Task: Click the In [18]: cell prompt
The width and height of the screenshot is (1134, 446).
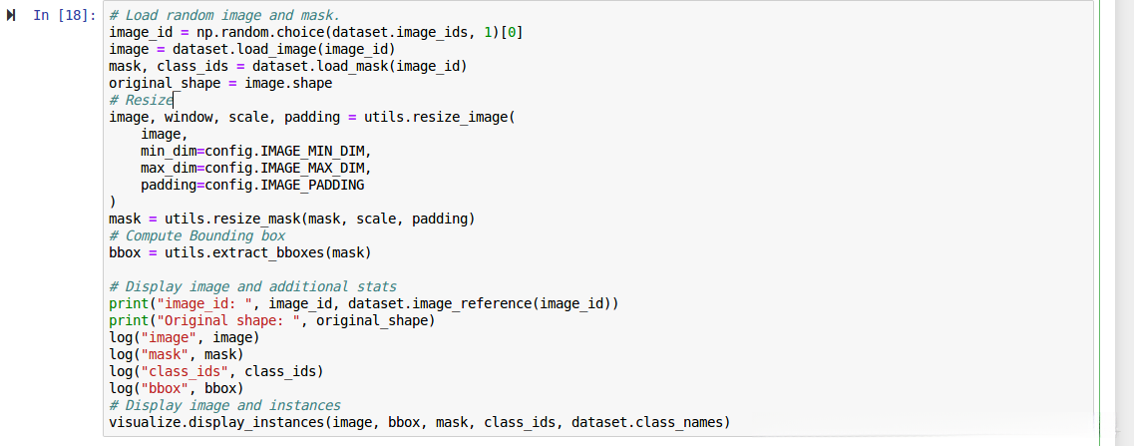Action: pos(64,16)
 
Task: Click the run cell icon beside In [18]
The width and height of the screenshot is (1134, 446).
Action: pos(12,16)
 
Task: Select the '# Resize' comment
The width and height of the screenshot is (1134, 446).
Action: pos(141,100)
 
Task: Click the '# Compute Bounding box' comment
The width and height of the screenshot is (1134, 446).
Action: pos(196,235)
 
